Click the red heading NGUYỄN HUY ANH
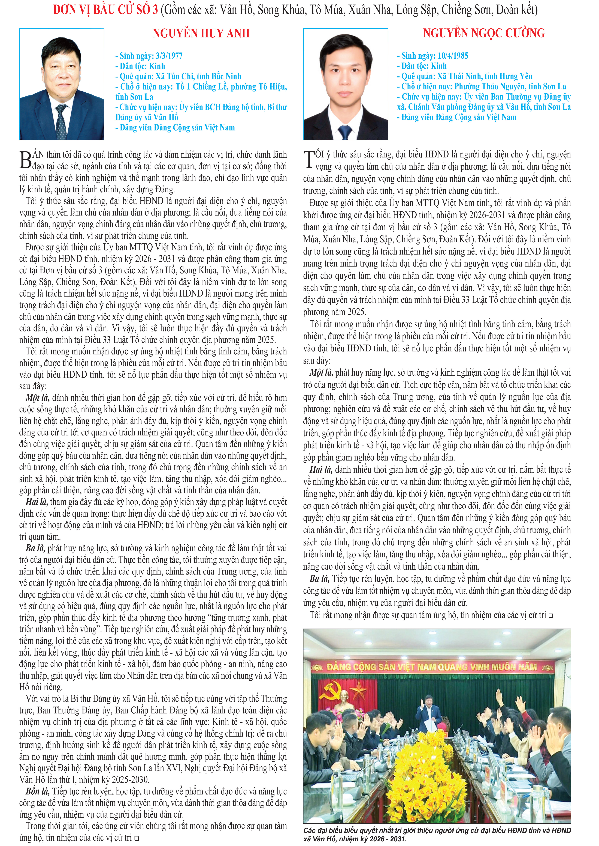[201, 34]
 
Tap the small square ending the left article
[137, 838]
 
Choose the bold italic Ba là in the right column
[319, 578]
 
